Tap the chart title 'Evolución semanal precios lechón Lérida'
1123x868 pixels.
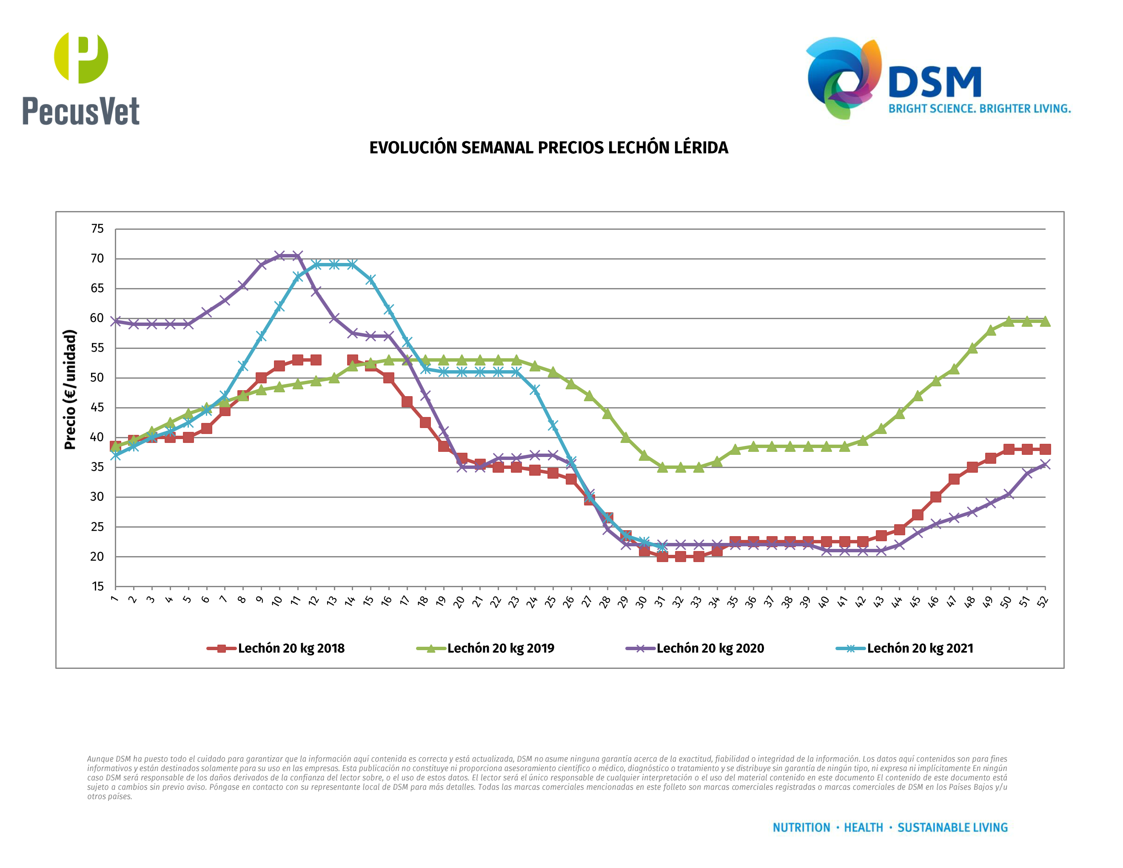pos(549,148)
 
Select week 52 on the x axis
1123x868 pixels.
pos(1043,601)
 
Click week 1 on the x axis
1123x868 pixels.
pos(114,599)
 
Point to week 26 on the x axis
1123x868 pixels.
pos(569,601)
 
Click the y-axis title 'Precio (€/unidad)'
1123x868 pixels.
pos(70,390)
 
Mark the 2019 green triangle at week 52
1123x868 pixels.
pos(1045,321)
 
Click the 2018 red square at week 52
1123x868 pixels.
pos(1045,449)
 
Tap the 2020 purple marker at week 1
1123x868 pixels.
pos(116,321)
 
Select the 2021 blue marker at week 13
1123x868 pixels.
pos(334,264)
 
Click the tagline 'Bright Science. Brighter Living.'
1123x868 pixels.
pos(980,109)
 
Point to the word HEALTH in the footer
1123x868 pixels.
pos(864,828)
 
